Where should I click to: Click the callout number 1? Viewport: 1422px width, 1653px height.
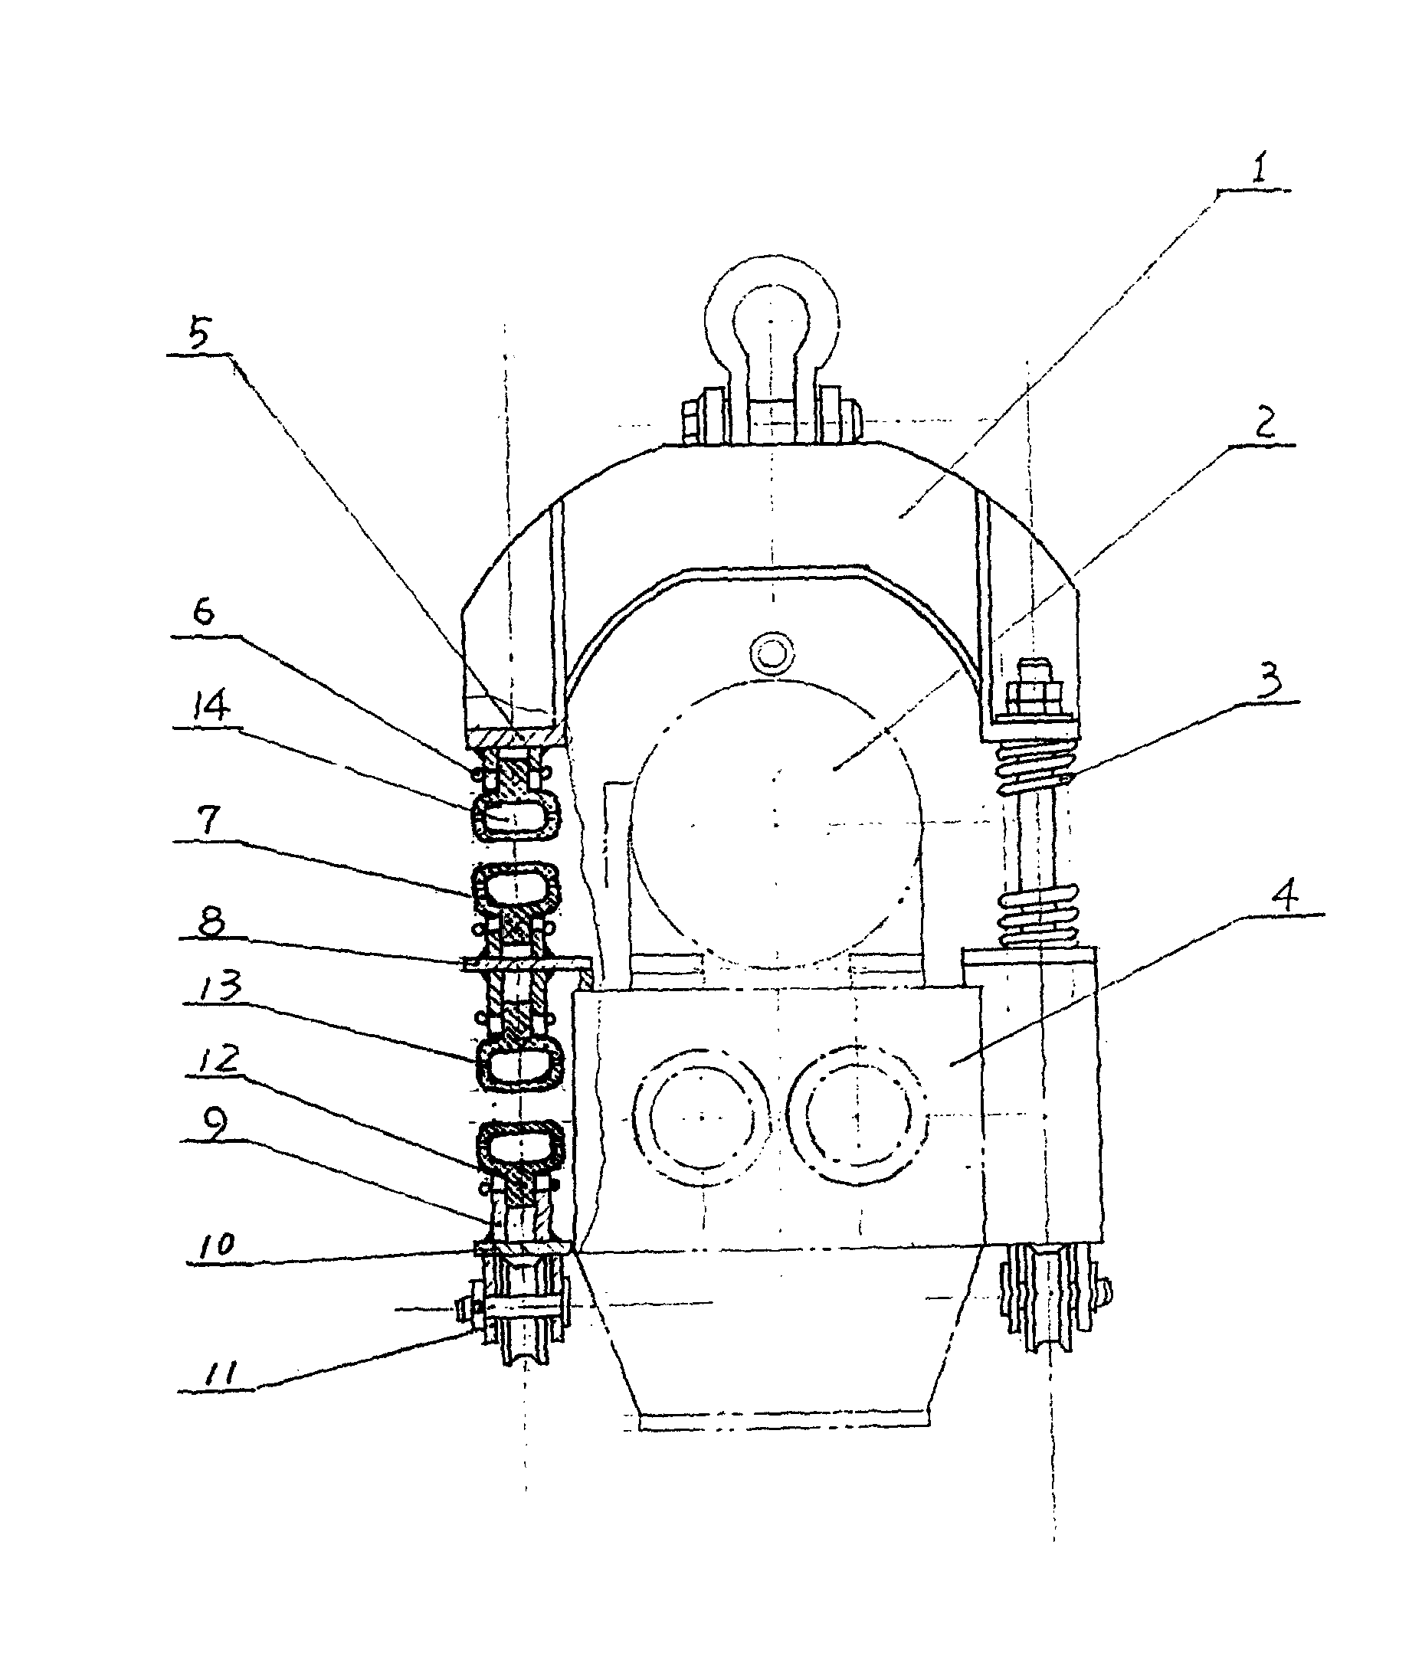(x=1258, y=170)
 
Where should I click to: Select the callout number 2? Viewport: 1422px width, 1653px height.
(x=1265, y=424)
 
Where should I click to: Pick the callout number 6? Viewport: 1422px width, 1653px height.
(x=205, y=613)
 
